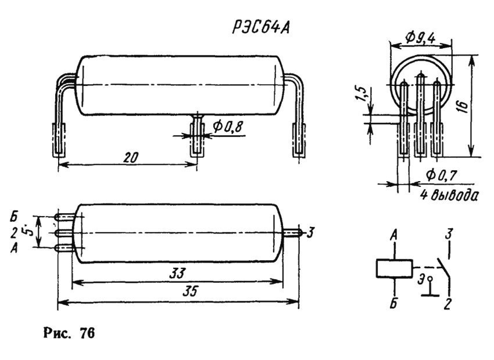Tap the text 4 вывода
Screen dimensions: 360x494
coord(449,195)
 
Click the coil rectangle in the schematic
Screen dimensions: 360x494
coord(394,267)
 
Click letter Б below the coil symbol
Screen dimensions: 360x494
coord(393,303)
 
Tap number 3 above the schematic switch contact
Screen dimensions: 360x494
coord(448,235)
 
